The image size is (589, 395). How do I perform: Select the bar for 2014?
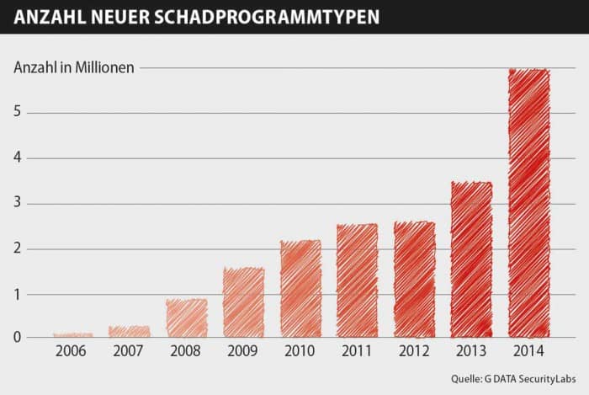(528, 202)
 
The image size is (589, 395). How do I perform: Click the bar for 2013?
(471, 259)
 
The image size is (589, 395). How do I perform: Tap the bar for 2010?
(300, 288)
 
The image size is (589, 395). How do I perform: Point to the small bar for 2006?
(72, 334)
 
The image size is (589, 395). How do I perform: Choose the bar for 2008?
(186, 318)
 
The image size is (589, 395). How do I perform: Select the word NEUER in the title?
(124, 16)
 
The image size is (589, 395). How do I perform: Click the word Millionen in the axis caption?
(106, 67)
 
